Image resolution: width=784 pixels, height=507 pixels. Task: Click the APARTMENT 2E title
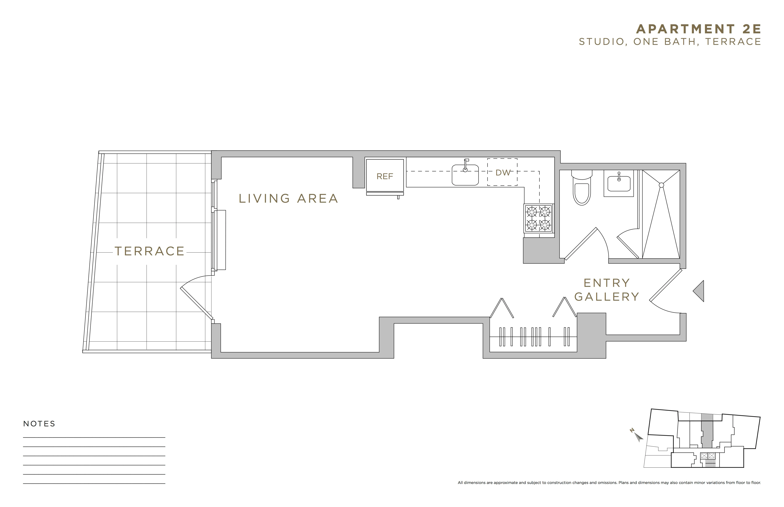pyautogui.click(x=698, y=29)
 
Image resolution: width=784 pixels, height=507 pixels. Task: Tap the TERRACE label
pyautogui.click(x=150, y=251)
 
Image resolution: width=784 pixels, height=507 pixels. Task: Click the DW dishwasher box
pyautogui.click(x=502, y=172)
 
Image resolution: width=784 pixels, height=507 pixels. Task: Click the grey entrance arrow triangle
pyautogui.click(x=699, y=291)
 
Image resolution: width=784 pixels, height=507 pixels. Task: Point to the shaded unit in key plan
pyautogui.click(x=707, y=435)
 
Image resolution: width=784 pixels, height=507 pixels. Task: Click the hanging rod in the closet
pyautogui.click(x=533, y=337)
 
